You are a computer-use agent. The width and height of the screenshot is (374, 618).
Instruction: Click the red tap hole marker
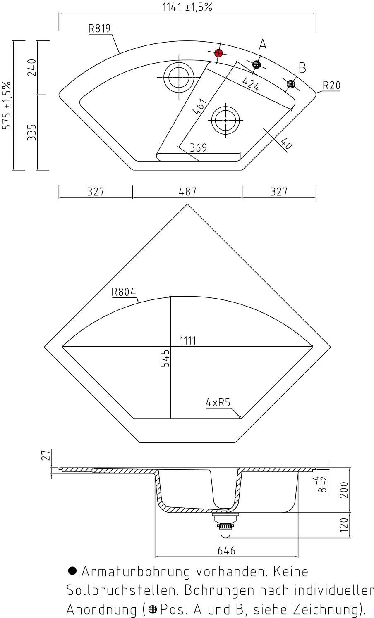[x=218, y=53]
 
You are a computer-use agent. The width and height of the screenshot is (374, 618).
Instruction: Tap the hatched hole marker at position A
[x=257, y=64]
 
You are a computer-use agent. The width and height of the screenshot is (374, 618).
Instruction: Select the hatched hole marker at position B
[x=291, y=84]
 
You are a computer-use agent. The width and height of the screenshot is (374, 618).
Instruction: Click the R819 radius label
[x=99, y=29]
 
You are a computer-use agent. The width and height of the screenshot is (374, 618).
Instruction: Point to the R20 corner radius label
[x=331, y=86]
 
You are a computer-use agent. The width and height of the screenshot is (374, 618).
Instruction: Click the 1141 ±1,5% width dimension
[x=187, y=7]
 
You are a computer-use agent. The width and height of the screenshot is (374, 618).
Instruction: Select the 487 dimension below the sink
[x=187, y=191]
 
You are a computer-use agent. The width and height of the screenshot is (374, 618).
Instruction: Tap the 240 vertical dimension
[x=32, y=67]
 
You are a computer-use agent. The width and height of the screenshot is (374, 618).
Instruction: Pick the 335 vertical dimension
[x=32, y=132]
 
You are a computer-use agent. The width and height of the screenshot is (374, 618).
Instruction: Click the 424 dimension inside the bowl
[x=251, y=84]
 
